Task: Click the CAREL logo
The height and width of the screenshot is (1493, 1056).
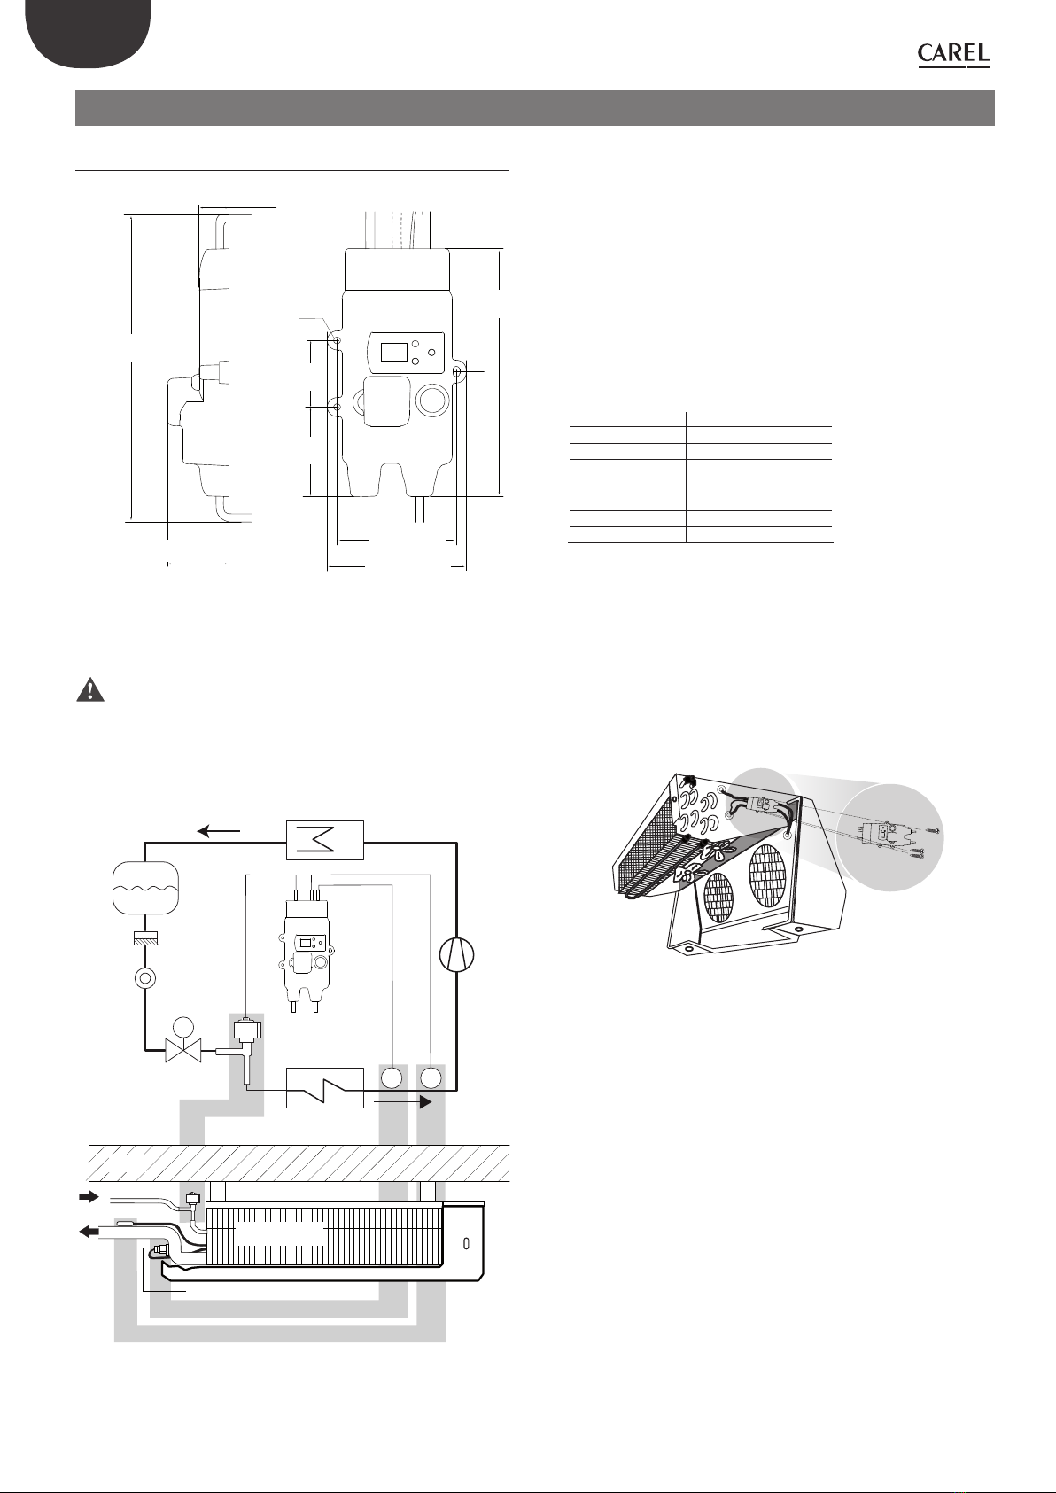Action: [953, 55]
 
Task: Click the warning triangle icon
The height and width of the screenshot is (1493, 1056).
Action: [90, 692]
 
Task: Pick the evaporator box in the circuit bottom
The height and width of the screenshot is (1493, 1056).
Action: [325, 1087]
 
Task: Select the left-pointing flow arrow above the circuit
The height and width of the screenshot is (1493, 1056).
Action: [219, 831]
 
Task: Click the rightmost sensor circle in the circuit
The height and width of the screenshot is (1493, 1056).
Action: [431, 1078]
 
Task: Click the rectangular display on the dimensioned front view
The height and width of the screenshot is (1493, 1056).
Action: [392, 353]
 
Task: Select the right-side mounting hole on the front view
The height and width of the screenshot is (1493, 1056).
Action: [457, 372]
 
